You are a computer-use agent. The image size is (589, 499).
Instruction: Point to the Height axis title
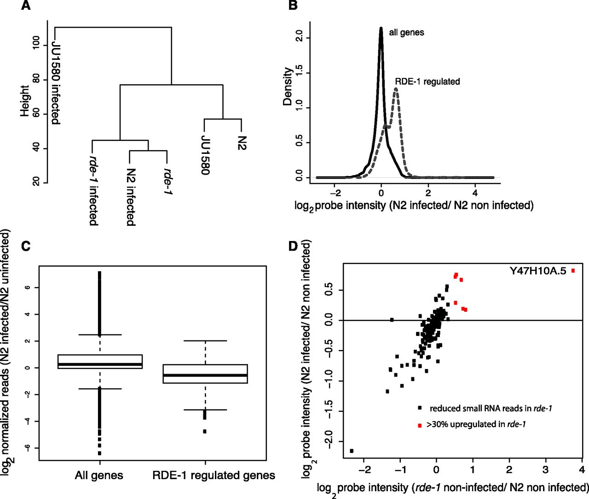tap(25, 100)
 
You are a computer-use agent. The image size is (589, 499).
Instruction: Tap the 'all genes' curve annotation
tap(406, 32)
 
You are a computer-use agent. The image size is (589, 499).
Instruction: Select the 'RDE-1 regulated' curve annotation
tap(427, 82)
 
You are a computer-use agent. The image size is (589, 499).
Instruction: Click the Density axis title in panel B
tap(288, 87)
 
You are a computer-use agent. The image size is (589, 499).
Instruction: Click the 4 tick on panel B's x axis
tap(475, 192)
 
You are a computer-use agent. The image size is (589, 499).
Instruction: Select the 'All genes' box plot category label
tap(99, 475)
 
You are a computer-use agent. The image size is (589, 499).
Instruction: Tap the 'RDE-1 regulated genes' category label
tap(214, 475)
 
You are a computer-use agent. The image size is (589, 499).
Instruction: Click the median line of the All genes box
tap(100, 364)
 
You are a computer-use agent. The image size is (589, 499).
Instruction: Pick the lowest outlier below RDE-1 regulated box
tap(205, 431)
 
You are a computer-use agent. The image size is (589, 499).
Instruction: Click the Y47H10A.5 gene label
tap(537, 271)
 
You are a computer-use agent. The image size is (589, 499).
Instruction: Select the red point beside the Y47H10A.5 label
tap(573, 271)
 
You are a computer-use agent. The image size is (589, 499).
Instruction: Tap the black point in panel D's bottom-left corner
tap(352, 451)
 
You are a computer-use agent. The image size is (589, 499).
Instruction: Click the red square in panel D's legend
tap(420, 425)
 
